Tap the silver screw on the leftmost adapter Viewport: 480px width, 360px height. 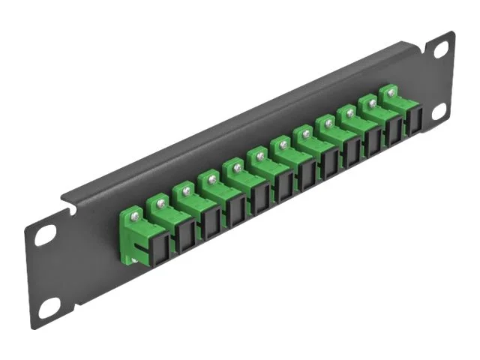[x=134, y=212]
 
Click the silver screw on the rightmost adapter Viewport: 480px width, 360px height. [x=391, y=91]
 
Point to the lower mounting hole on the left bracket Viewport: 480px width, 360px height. [x=49, y=305]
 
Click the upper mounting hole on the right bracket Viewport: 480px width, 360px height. [x=441, y=49]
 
